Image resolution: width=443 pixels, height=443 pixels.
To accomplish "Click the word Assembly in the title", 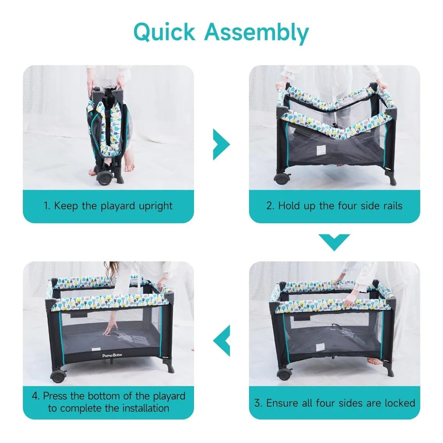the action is (256, 34).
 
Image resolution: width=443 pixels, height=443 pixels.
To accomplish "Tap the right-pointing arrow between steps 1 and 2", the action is (221, 144).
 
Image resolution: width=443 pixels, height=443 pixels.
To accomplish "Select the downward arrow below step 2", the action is (334, 242).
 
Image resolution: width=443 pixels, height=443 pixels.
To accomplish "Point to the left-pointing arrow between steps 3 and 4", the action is (221, 340).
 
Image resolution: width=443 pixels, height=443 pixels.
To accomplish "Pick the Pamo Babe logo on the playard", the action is (112, 355).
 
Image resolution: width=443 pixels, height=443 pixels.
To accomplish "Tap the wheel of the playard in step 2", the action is (282, 179).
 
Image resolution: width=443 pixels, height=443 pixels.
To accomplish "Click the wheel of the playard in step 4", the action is (58, 376).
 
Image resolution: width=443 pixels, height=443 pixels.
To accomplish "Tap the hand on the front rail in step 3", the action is (349, 301).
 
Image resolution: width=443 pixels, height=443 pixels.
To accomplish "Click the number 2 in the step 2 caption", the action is (270, 206).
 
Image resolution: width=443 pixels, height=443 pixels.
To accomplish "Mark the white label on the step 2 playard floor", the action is (320, 150).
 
